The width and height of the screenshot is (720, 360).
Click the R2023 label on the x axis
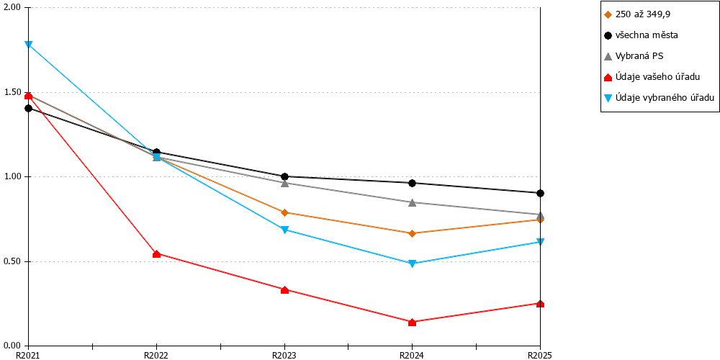coord(284,355)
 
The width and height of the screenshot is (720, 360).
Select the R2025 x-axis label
coord(540,355)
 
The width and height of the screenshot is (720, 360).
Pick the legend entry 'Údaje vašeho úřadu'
coord(652,77)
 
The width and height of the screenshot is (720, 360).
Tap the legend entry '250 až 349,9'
coord(637,14)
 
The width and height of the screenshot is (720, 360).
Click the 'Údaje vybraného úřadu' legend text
coord(659,97)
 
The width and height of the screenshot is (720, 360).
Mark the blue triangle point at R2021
coord(29,45)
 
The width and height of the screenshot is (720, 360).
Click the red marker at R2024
coord(412,323)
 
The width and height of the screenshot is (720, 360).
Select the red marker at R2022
coord(156,254)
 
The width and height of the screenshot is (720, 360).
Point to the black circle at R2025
coord(540,193)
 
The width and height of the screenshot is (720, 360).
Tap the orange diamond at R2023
coord(284,212)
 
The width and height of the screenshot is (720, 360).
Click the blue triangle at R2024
coord(412,264)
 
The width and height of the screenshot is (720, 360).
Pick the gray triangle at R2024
coord(412,202)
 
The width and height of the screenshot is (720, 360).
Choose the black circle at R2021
coord(29,109)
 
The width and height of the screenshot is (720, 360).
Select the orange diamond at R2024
coord(412,233)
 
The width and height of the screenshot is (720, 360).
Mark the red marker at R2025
coord(540,304)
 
